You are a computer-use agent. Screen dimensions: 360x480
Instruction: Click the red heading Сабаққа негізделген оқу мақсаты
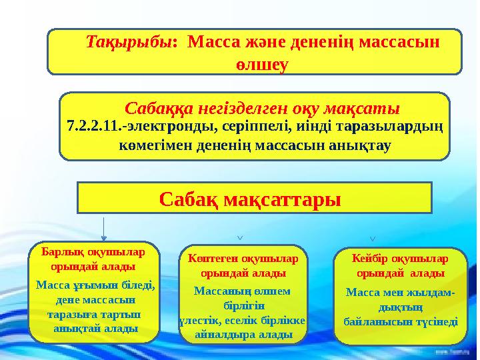pos(262,107)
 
